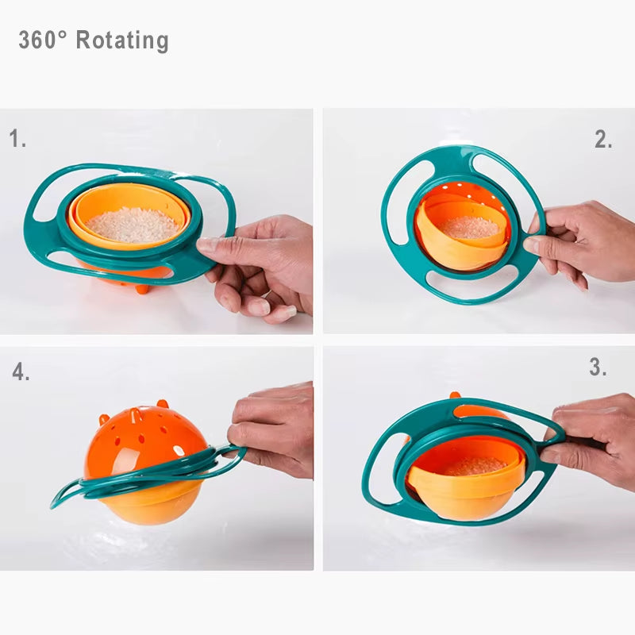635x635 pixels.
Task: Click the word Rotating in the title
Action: click(x=122, y=40)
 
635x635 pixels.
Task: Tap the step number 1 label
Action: click(x=17, y=140)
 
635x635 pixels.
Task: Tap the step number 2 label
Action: click(x=603, y=140)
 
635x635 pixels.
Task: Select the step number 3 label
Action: click(x=598, y=368)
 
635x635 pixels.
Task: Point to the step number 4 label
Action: click(x=21, y=371)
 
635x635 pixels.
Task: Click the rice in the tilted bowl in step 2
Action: click(x=471, y=228)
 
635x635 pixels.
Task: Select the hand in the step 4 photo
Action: click(x=274, y=429)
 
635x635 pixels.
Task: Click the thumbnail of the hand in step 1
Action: click(x=208, y=246)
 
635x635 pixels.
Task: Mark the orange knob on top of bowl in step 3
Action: click(x=456, y=394)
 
